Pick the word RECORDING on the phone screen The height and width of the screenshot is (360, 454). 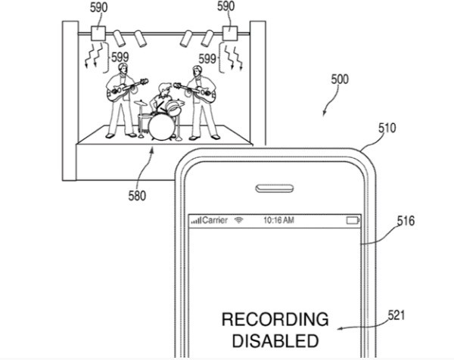pyautogui.click(x=275, y=319)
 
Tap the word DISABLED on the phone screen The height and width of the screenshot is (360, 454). pyautogui.click(x=275, y=340)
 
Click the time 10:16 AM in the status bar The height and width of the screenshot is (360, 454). pyautogui.click(x=278, y=220)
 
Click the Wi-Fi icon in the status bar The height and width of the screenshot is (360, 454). pyautogui.click(x=239, y=220)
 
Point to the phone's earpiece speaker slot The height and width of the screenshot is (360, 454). pyautogui.click(x=276, y=187)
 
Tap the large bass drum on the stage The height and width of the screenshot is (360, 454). pyautogui.click(x=160, y=126)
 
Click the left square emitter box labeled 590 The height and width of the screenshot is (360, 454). pyautogui.click(x=98, y=34)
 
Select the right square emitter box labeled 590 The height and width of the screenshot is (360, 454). pyautogui.click(x=231, y=34)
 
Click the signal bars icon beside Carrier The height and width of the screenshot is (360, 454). pyautogui.click(x=197, y=220)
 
